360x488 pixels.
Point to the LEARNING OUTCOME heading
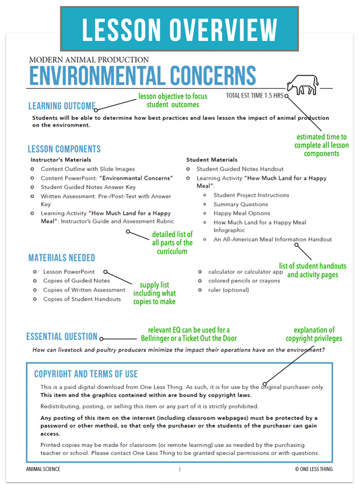coord(61,106)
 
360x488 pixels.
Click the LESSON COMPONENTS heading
coord(65,149)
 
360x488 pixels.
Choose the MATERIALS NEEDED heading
coord(61,258)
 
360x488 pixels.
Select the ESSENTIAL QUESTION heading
coord(61,337)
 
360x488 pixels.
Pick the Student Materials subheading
coord(211,160)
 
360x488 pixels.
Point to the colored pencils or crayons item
coord(243,281)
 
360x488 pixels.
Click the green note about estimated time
coord(322,145)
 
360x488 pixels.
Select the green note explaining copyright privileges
coord(318,335)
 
